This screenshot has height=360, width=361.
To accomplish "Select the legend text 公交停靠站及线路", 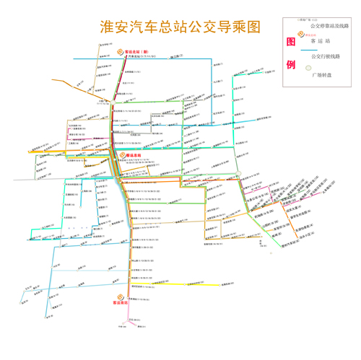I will [x=329, y=25].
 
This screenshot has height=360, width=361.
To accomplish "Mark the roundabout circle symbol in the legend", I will [x=308, y=69].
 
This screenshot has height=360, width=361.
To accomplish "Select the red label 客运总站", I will [x=136, y=154].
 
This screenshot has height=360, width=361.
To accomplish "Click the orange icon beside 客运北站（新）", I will [x=120, y=53].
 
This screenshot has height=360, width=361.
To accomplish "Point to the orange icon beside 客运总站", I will [x=122, y=154].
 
